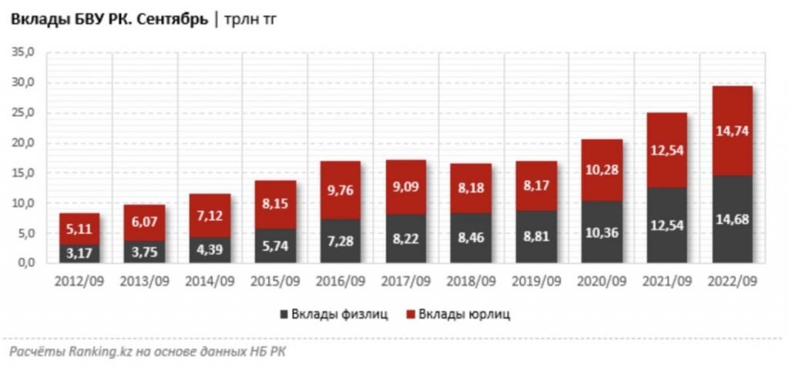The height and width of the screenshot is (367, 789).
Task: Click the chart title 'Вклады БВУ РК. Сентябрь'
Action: tap(109, 21)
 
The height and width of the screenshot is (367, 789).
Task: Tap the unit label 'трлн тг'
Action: tap(251, 21)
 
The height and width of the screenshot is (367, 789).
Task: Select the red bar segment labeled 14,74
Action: tap(731, 131)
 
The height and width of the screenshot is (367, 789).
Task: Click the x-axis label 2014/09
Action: tap(210, 282)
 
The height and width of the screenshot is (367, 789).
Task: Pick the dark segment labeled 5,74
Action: tap(275, 246)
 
